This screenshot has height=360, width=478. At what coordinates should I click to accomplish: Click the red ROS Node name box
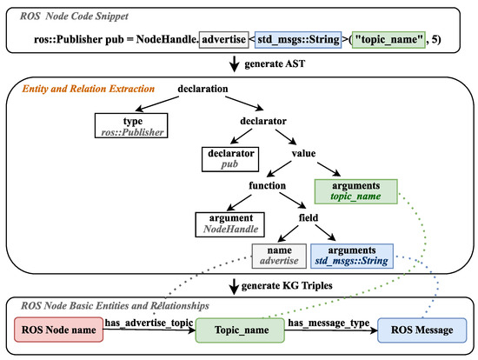[x=57, y=330]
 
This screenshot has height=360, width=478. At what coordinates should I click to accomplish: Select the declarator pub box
[x=230, y=157]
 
